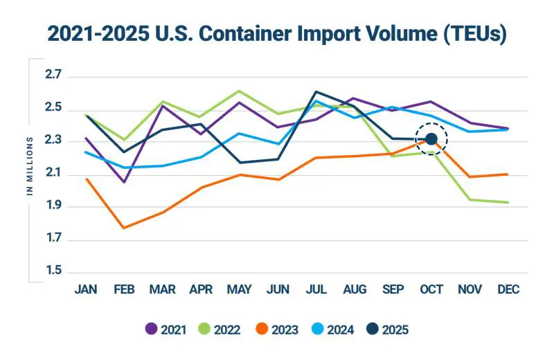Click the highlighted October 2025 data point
coord(431,140)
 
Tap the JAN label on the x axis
coord(85,289)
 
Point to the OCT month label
coord(431,289)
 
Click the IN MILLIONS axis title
coord(30,166)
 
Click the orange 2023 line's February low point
coord(123,228)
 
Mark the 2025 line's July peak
coord(316,91)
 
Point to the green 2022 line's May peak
coord(239,91)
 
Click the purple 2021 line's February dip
coord(123,182)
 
